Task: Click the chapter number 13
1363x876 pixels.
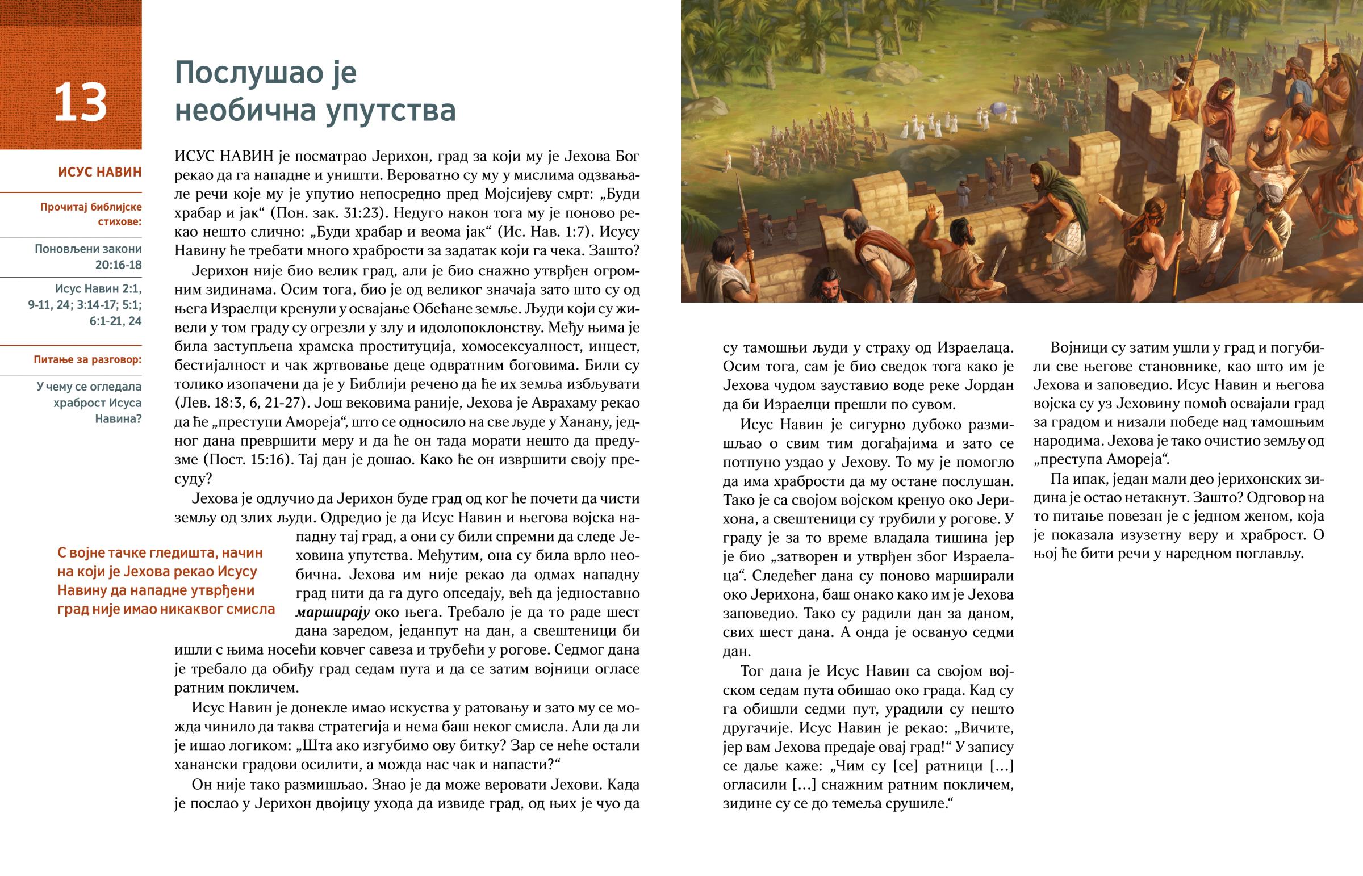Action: pyautogui.click(x=80, y=102)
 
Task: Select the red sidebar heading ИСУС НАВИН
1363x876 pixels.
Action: pyautogui.click(x=99, y=172)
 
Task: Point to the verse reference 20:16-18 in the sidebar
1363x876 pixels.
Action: pyautogui.click(x=118, y=265)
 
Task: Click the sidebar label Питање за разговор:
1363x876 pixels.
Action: pyautogui.click(x=87, y=359)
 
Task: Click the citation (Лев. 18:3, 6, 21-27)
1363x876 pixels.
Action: pyautogui.click(x=244, y=403)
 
